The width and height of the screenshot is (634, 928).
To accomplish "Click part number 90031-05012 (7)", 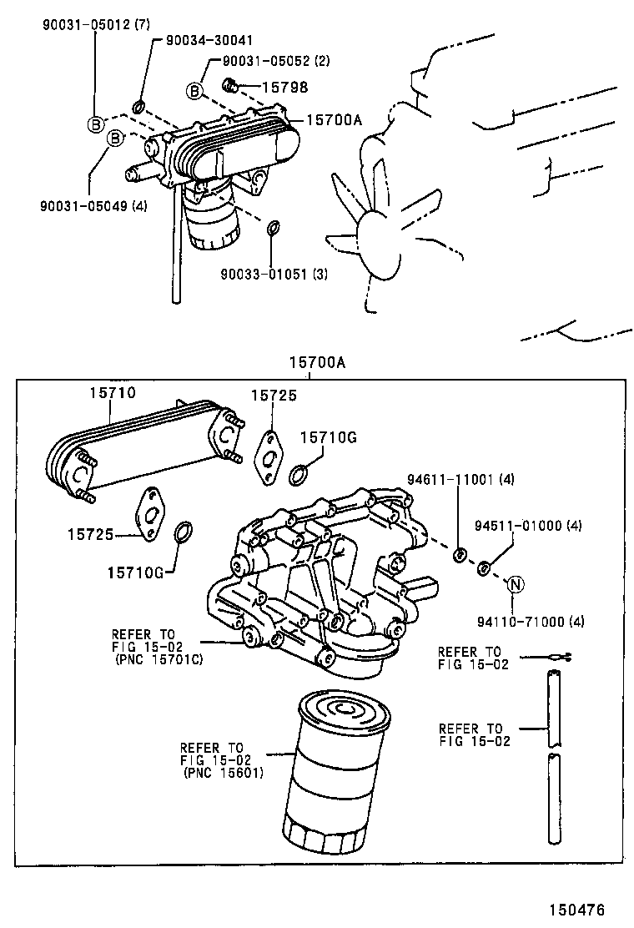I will tap(94, 26).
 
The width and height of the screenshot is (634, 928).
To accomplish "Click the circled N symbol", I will tap(515, 584).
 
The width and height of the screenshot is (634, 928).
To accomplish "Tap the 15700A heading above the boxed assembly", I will tap(317, 363).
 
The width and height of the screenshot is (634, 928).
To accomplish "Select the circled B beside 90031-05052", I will tap(194, 89).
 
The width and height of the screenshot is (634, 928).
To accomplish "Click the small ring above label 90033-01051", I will tap(273, 229).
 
